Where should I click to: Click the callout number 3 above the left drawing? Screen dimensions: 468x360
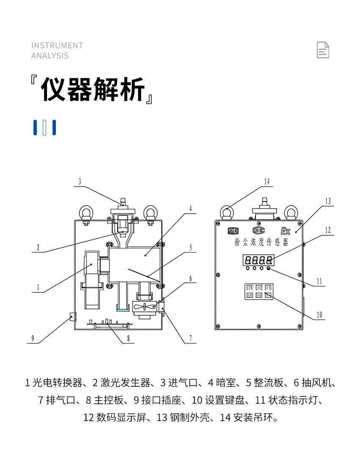[79, 182]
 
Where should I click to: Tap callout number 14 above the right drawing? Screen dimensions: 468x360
[266, 182]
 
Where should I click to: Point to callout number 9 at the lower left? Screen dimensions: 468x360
[33, 338]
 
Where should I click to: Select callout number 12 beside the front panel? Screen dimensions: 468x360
[327, 230]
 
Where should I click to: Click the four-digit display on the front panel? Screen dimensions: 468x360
[258, 260]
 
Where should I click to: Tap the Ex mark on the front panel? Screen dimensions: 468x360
[285, 231]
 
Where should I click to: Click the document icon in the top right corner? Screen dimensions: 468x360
[323, 50]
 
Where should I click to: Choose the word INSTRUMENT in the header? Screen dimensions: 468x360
[57, 45]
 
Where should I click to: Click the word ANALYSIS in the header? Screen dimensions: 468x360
[50, 55]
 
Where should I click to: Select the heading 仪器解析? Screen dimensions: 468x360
[93, 90]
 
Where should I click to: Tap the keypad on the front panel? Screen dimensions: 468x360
[259, 292]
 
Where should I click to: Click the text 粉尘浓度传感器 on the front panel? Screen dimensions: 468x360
[261, 243]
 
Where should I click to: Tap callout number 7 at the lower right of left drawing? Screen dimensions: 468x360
[190, 338]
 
